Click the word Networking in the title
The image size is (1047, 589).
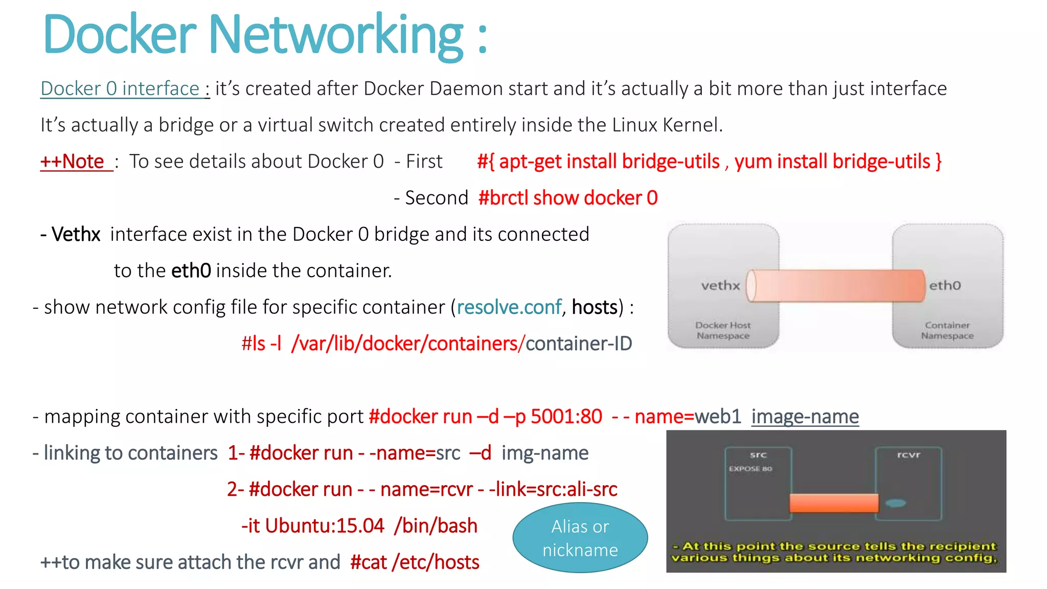tap(336, 36)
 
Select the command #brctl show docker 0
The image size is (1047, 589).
tap(567, 198)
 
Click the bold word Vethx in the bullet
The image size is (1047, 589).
tap(76, 235)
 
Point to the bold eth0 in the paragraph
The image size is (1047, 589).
tap(191, 271)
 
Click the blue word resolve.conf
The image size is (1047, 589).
tap(509, 307)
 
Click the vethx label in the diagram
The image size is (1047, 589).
tap(720, 286)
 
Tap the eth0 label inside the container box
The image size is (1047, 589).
tap(945, 286)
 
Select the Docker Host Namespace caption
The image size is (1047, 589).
tap(723, 330)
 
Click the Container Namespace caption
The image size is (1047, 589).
tap(947, 330)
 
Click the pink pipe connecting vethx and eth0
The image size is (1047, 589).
tap(836, 286)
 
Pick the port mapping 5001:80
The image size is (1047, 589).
tap(566, 417)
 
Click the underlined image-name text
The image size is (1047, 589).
tap(805, 417)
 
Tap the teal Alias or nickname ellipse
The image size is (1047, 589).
tap(580, 538)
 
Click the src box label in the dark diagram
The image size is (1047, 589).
tap(758, 455)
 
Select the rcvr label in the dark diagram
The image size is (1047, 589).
tap(908, 455)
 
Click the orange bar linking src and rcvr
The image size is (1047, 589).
tap(833, 503)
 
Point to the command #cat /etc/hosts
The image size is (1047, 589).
tap(415, 562)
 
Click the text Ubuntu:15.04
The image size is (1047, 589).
tap(324, 526)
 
